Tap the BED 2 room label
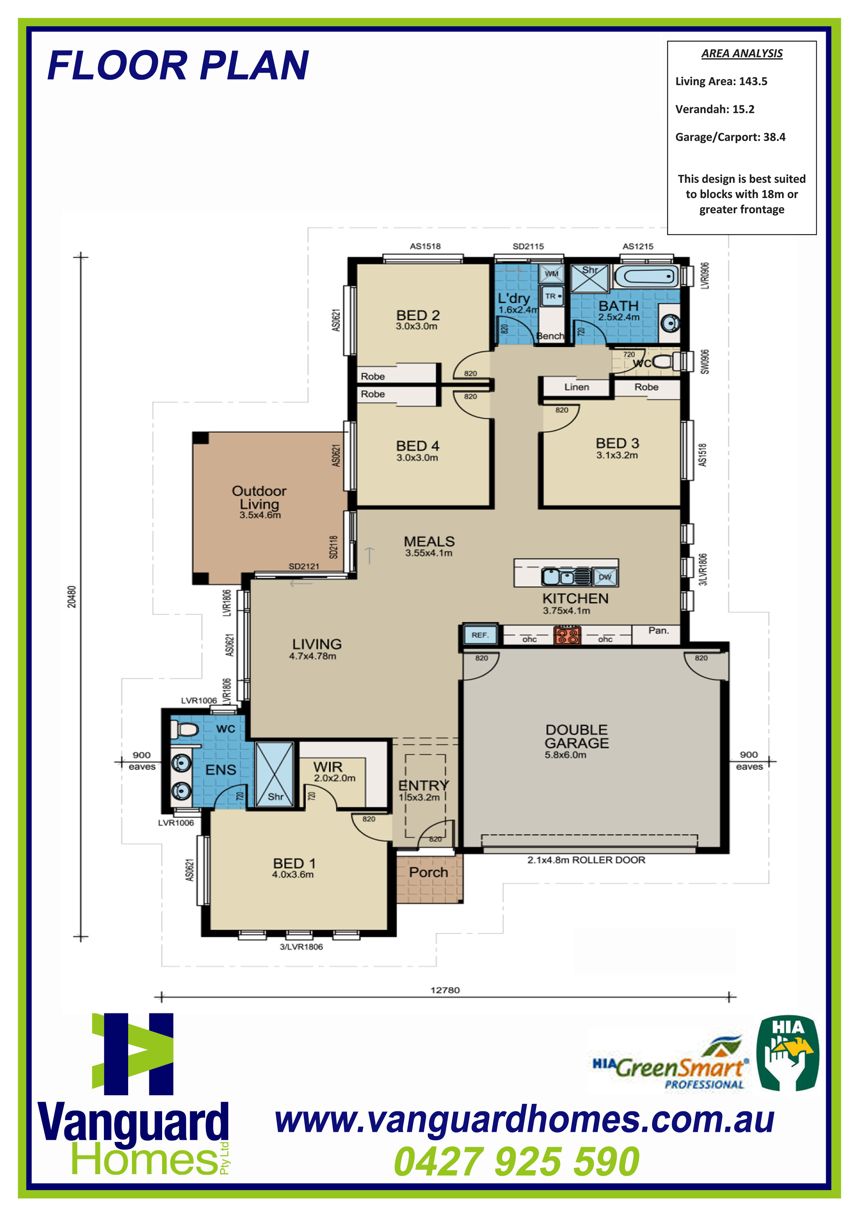click(x=418, y=316)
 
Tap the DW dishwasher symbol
click(x=605, y=577)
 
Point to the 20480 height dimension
click(x=71, y=596)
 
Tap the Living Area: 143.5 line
click(x=721, y=81)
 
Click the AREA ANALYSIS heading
click(x=742, y=53)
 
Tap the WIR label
click(x=328, y=767)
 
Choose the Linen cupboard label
click(x=576, y=387)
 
